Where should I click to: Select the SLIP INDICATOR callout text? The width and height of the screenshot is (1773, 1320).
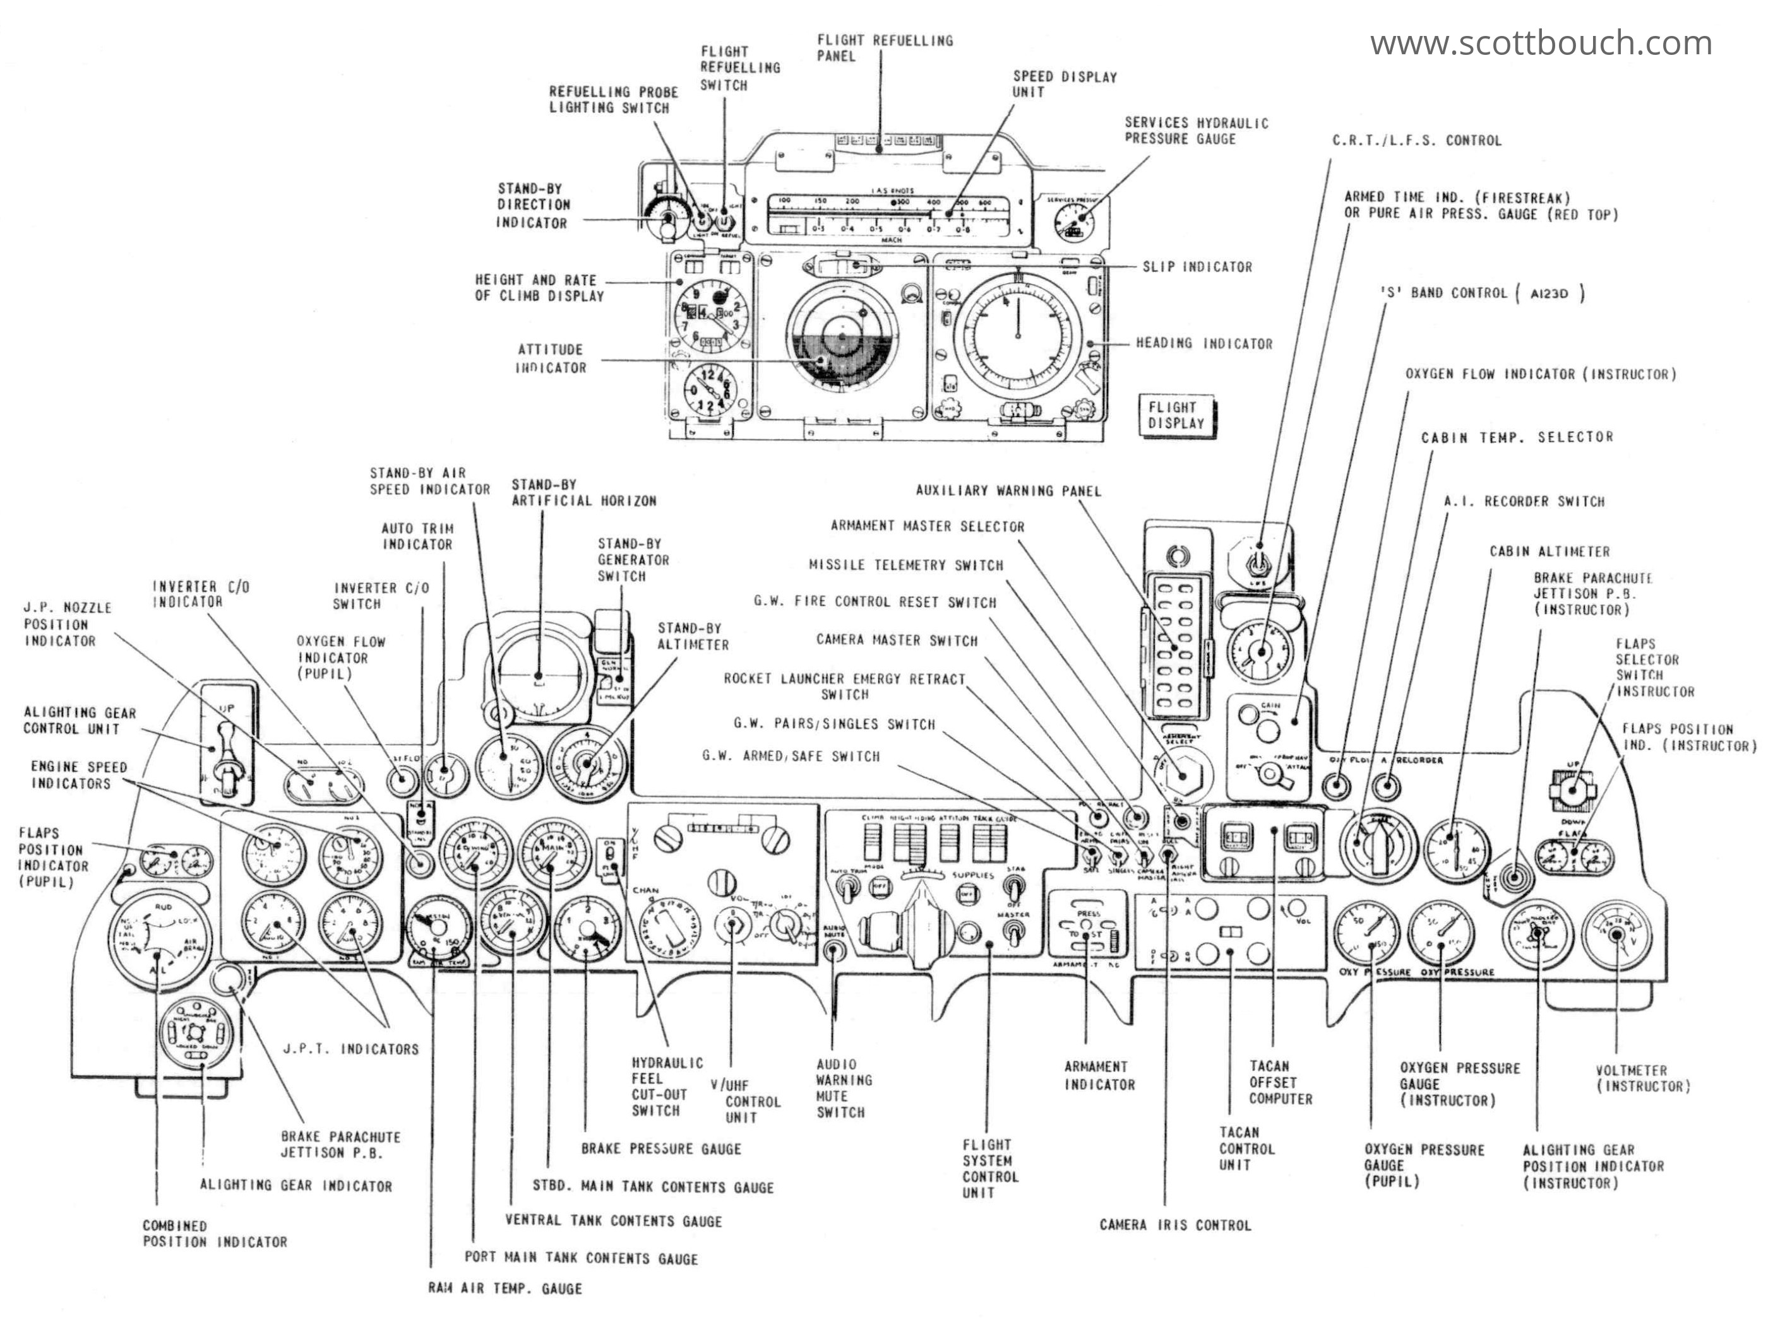pos(1197,267)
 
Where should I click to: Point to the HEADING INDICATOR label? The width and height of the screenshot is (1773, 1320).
pos(1204,344)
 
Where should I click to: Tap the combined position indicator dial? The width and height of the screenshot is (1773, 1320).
pos(160,940)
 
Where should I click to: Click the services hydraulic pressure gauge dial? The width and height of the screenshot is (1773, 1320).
pos(1075,221)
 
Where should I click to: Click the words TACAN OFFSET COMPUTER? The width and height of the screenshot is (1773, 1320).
pos(1280,1082)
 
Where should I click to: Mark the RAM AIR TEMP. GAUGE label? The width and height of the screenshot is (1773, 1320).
pos(504,1288)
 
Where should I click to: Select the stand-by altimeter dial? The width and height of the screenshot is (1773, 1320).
pos(588,765)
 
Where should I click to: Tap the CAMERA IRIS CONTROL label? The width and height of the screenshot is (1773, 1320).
pos(1174,1225)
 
